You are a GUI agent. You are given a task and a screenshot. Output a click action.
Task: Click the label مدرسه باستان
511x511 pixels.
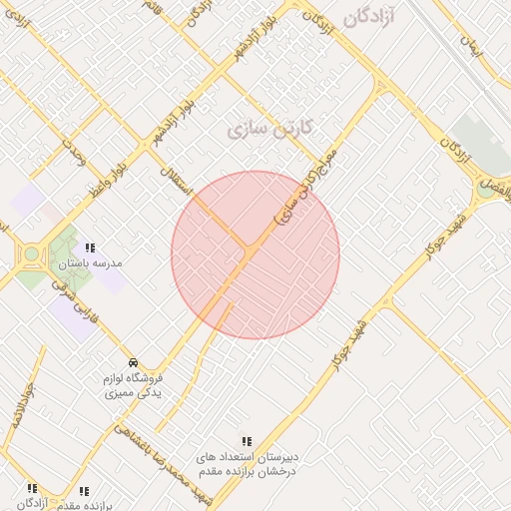click(90, 264)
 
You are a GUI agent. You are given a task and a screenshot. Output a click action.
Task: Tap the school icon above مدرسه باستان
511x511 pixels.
click(90, 249)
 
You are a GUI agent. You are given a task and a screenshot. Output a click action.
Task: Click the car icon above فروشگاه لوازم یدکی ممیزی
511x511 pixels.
click(134, 362)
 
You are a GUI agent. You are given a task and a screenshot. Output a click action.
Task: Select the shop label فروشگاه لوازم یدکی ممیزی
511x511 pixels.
click(135, 386)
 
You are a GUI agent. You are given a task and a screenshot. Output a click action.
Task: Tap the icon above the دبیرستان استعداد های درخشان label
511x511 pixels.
click(247, 441)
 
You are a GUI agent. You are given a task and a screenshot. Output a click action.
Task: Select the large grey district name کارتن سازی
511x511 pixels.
click(270, 129)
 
